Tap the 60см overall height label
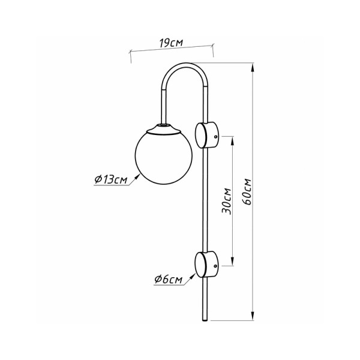pyautogui.click(x=247, y=191)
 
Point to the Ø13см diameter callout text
pyautogui.click(x=110, y=179)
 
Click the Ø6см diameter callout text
pyautogui.click(x=167, y=279)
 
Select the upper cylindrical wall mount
pyautogui.click(x=208, y=134)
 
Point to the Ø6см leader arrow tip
pyautogui.click(x=196, y=271)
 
